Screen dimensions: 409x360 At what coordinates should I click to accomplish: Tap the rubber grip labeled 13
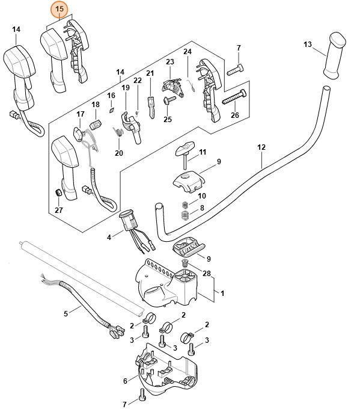point(334,57)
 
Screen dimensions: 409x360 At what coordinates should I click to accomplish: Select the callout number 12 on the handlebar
point(261,146)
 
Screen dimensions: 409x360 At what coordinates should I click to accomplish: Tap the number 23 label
point(169,62)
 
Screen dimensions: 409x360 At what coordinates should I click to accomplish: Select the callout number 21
point(150,73)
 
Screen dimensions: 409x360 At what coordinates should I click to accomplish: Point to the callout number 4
point(109,238)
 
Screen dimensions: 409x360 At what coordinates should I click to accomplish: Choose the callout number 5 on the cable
point(66,313)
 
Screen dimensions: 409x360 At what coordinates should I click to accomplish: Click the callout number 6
point(125,380)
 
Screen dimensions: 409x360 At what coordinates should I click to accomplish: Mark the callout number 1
point(222,293)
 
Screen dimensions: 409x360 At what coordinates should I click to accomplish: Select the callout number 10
point(202,196)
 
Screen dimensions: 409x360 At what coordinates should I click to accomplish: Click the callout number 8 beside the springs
point(202,208)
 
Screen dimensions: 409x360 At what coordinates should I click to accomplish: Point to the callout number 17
point(81,114)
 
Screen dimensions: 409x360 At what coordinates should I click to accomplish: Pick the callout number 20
point(118,153)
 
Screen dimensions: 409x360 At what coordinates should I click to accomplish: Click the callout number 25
point(168,119)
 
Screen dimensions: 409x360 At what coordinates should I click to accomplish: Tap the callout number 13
point(308,44)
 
